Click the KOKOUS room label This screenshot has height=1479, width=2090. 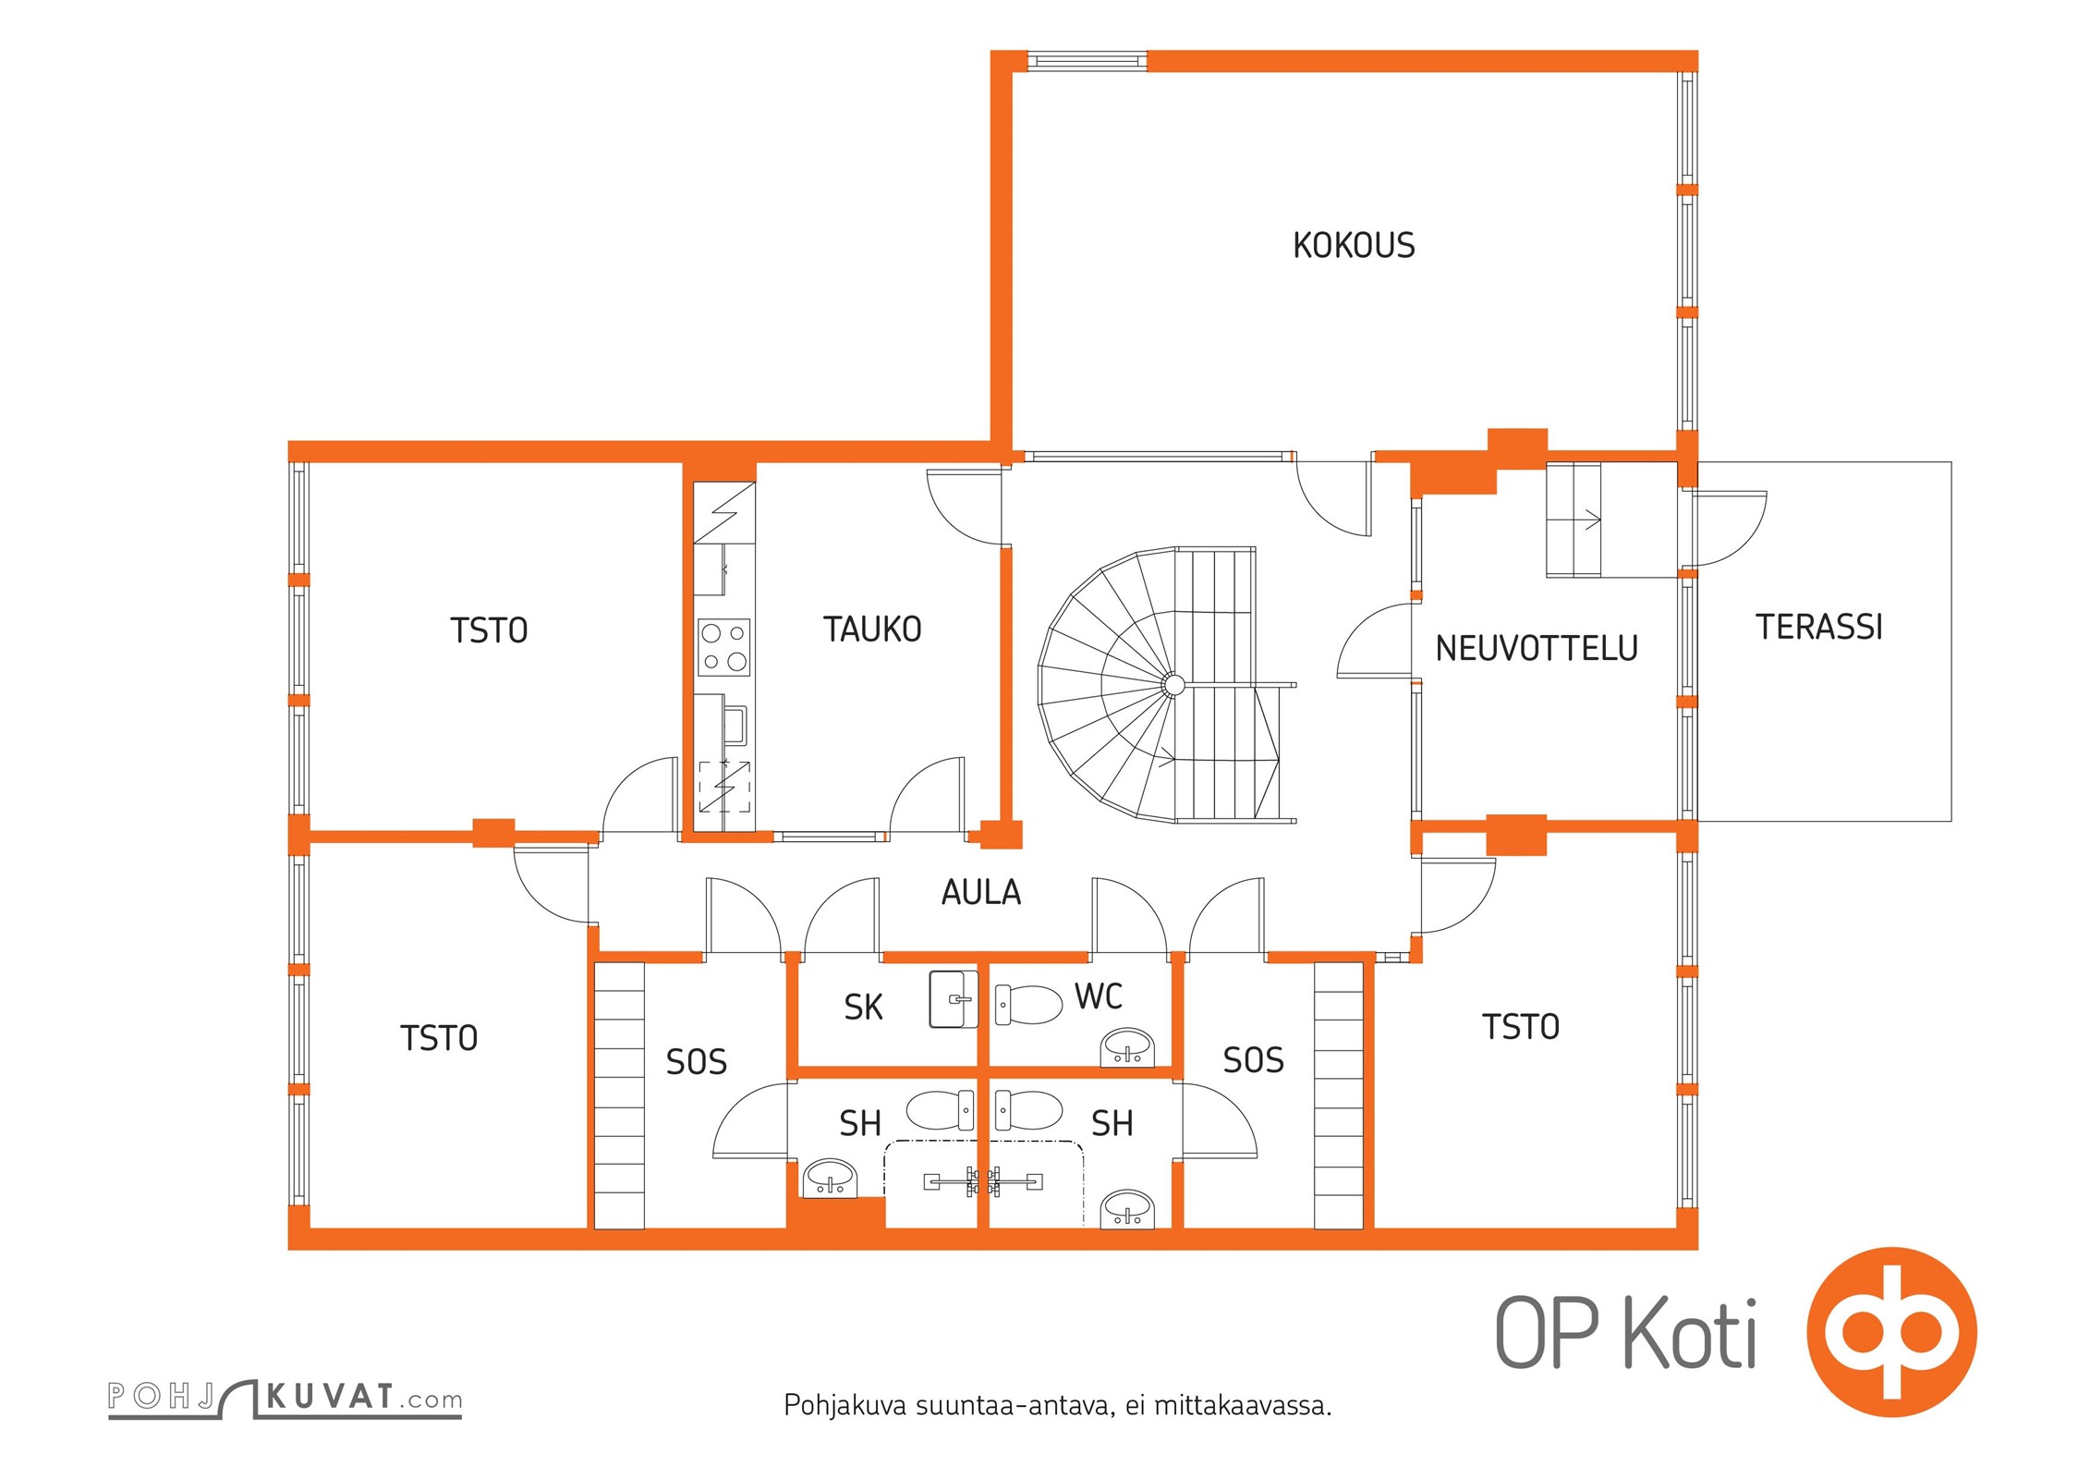point(1354,246)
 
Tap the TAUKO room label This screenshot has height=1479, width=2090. point(872,629)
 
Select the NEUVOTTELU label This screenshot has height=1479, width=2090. point(1537,649)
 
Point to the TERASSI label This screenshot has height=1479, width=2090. point(1819,628)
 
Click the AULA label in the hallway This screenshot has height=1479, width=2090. point(981,893)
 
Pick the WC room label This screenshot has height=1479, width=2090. point(1099,996)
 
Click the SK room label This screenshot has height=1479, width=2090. point(863,1008)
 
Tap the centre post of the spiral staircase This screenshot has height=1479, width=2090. point(1173,685)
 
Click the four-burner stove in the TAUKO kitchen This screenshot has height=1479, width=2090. point(724,647)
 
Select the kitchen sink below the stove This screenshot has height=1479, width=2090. point(735,726)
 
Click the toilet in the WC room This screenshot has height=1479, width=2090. point(1028,1005)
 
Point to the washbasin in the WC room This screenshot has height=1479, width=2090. point(1127,1048)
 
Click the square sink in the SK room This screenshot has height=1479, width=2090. point(954,999)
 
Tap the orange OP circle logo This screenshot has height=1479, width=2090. point(1892,1332)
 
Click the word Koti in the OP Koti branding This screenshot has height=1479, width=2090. point(1690,1334)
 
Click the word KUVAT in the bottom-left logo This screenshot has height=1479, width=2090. point(330,1396)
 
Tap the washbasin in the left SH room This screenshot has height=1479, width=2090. point(831,1179)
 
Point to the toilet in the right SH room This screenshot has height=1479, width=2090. point(1028,1111)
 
